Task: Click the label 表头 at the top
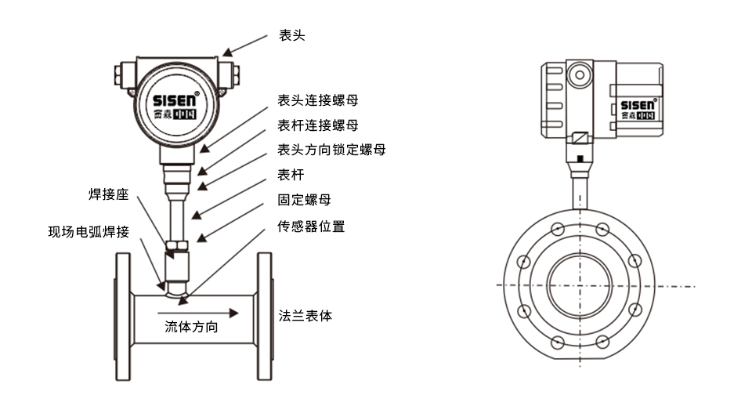291,36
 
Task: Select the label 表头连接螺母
319,101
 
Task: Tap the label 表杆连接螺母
319,125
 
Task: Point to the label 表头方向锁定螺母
331,149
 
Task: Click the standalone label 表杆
291,174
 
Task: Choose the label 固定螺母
305,200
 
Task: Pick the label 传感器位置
311,226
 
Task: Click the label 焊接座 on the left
107,194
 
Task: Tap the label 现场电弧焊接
88,231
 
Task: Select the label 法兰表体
305,316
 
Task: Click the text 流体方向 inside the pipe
191,327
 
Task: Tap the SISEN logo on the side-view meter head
638,105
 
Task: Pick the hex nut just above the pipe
175,252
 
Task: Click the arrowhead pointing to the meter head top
228,53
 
